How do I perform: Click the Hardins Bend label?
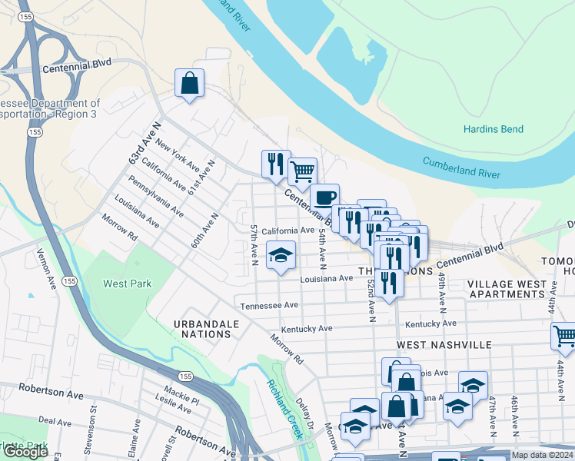[x=493, y=129]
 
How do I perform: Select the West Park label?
[x=128, y=284]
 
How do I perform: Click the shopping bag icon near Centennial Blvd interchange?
[x=189, y=84]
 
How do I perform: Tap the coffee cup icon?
[x=324, y=197]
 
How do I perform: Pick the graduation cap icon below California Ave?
[x=281, y=256]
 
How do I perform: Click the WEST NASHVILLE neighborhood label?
[x=444, y=346]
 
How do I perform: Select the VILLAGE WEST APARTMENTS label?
[x=507, y=289]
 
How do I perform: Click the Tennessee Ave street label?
[x=268, y=305]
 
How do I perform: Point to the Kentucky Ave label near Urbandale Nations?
[x=306, y=328]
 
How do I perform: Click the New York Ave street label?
[x=177, y=154]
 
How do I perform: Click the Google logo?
[x=25, y=452]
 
